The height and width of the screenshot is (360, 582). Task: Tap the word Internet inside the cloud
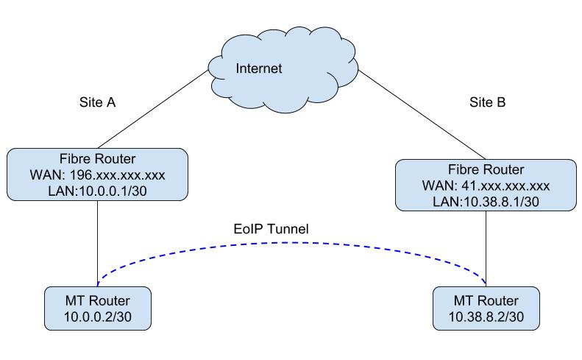[259, 69]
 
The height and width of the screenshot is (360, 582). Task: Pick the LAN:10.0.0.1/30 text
[97, 191]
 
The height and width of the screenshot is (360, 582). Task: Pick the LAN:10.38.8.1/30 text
[486, 201]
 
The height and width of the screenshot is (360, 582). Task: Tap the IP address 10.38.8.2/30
[486, 317]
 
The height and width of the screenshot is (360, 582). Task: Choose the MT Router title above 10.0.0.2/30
[98, 302]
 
